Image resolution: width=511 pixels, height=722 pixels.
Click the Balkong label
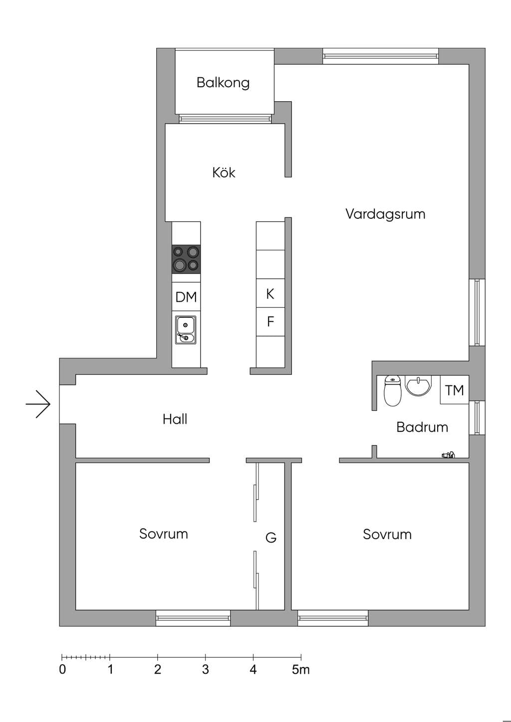pyautogui.click(x=223, y=83)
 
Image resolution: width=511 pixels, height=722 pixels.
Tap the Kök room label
pyautogui.click(x=224, y=172)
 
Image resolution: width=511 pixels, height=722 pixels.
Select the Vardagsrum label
pyautogui.click(x=385, y=214)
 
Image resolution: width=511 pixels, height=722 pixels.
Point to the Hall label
pyautogui.click(x=175, y=419)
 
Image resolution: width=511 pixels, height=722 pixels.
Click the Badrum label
pyautogui.click(x=422, y=427)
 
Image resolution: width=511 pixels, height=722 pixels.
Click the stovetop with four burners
pyautogui.click(x=186, y=259)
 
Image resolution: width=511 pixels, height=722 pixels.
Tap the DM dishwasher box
pyautogui.click(x=186, y=297)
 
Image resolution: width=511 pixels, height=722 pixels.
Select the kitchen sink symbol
pyautogui.click(x=186, y=330)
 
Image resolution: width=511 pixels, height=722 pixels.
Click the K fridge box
pyautogui.click(x=270, y=293)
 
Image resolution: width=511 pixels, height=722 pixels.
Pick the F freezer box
pyautogui.click(x=270, y=321)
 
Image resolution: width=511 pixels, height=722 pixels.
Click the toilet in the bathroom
pyautogui.click(x=393, y=390)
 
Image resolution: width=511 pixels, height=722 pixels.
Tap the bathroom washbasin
pyautogui.click(x=418, y=386)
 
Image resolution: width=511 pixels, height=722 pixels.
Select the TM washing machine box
pyautogui.click(x=454, y=390)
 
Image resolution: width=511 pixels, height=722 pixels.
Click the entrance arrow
pyautogui.click(x=38, y=404)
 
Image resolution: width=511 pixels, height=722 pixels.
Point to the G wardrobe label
pyautogui.click(x=271, y=538)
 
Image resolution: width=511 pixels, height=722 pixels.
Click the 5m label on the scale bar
pyautogui.click(x=301, y=670)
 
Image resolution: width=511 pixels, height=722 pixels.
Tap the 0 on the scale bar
pyautogui.click(x=62, y=670)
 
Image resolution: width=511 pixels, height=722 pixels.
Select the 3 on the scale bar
pyautogui.click(x=206, y=670)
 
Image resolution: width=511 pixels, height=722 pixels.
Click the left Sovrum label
pyautogui.click(x=163, y=534)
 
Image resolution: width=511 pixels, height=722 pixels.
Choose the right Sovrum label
pyautogui.click(x=387, y=535)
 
